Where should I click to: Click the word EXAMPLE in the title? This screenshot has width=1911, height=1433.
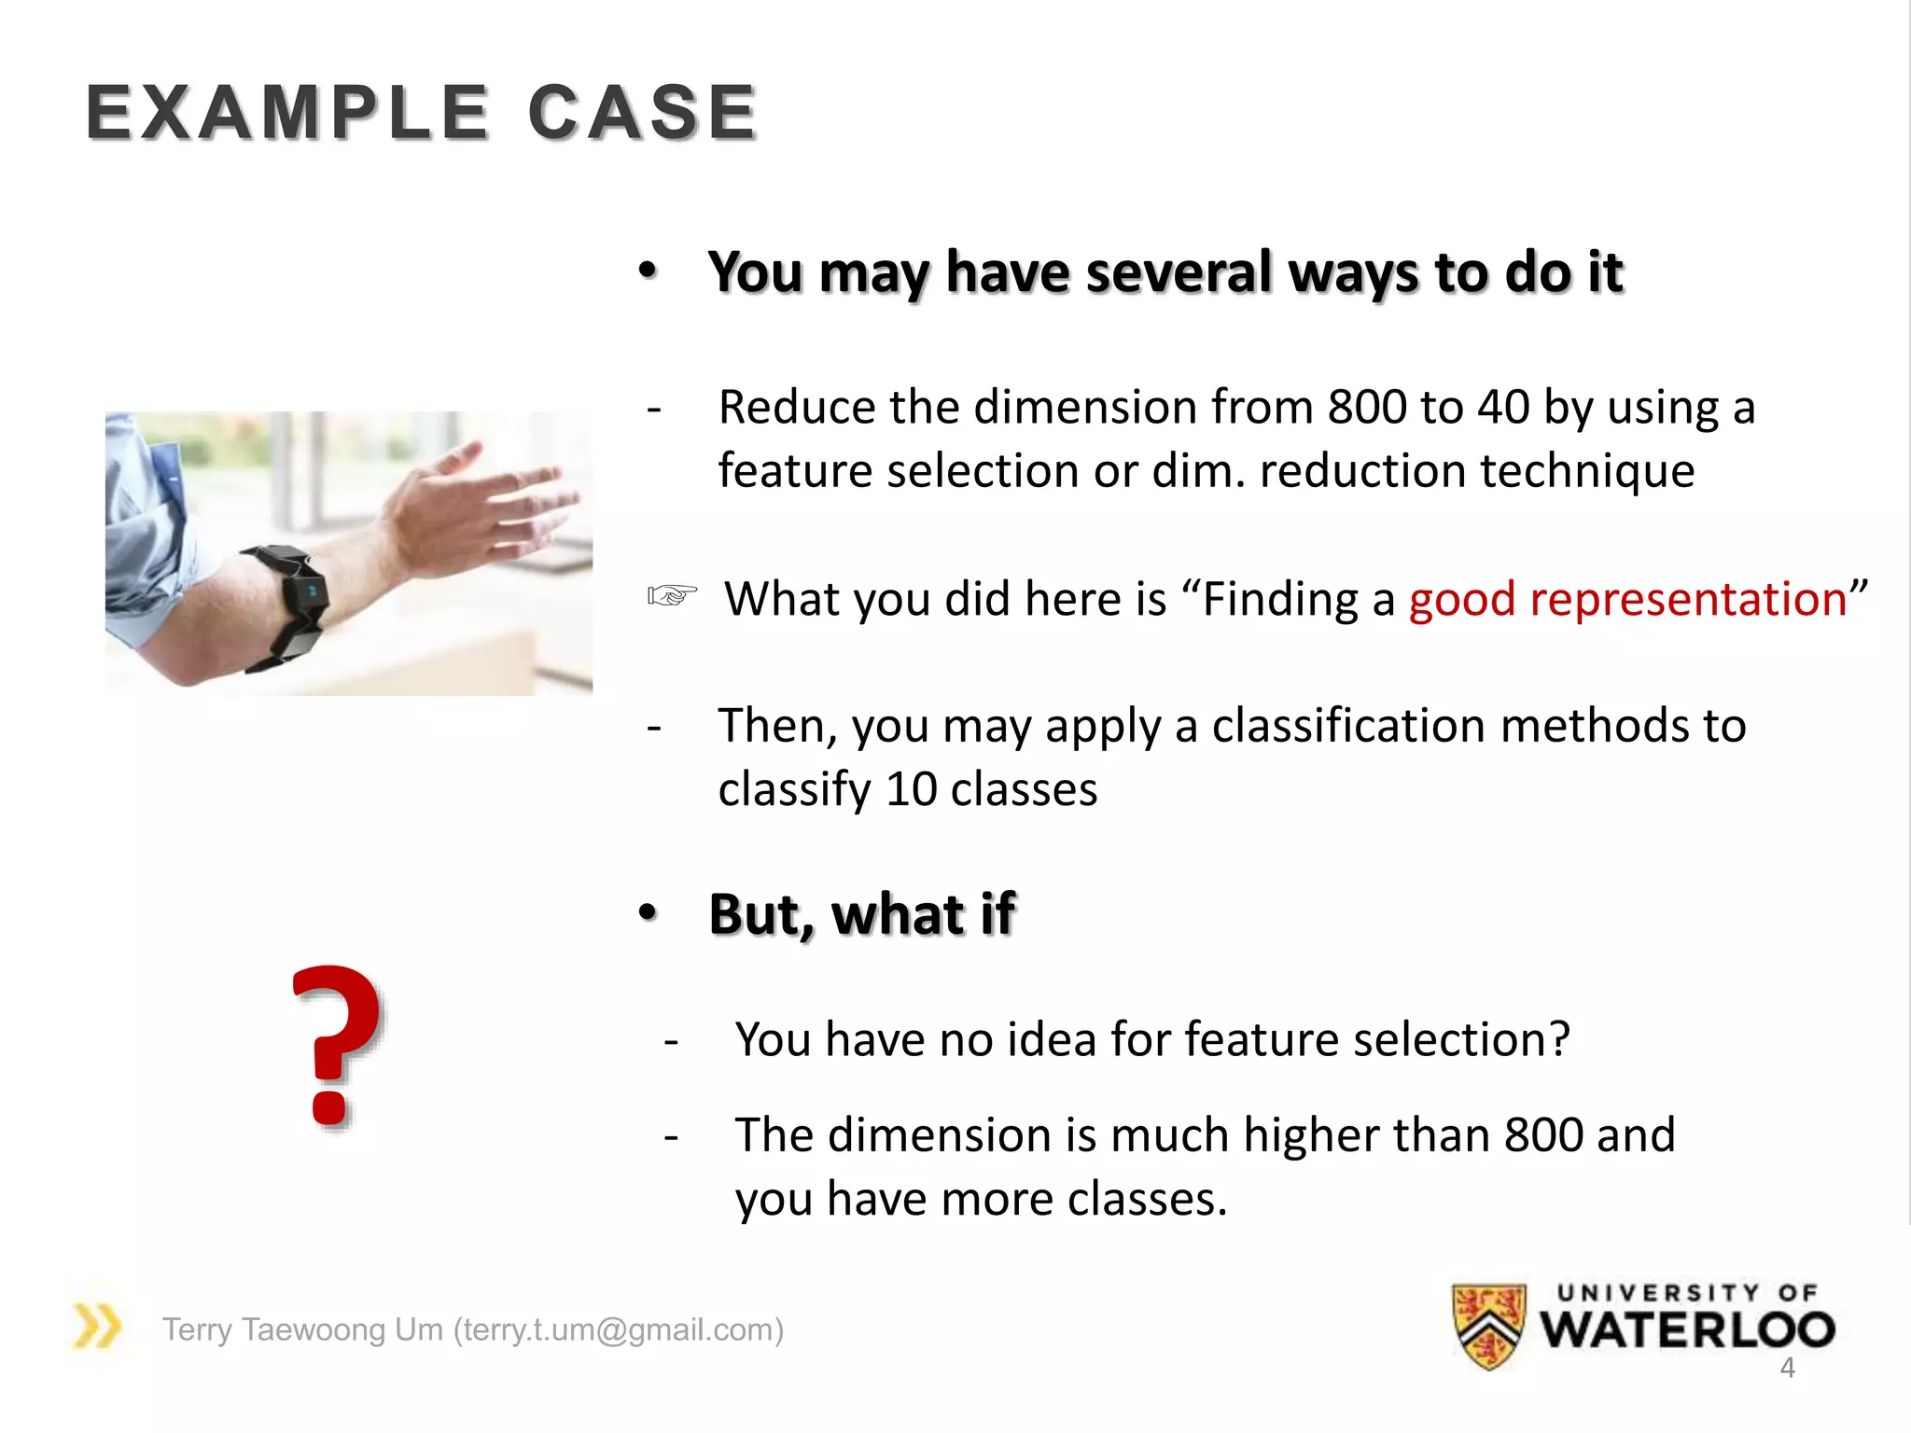click(x=287, y=113)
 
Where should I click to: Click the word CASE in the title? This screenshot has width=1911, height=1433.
click(x=642, y=113)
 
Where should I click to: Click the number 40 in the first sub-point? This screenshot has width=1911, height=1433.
click(x=1503, y=408)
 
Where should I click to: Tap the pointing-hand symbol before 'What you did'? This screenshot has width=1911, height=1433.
click(x=672, y=595)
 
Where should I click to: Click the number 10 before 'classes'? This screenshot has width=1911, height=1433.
click(x=911, y=789)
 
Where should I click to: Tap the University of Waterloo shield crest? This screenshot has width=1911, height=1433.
click(x=1489, y=1325)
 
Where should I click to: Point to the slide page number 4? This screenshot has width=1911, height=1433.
click(x=1787, y=1368)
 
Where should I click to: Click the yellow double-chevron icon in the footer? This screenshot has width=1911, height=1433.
click(x=97, y=1326)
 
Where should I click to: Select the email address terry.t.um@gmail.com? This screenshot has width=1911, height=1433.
click(x=618, y=1329)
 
